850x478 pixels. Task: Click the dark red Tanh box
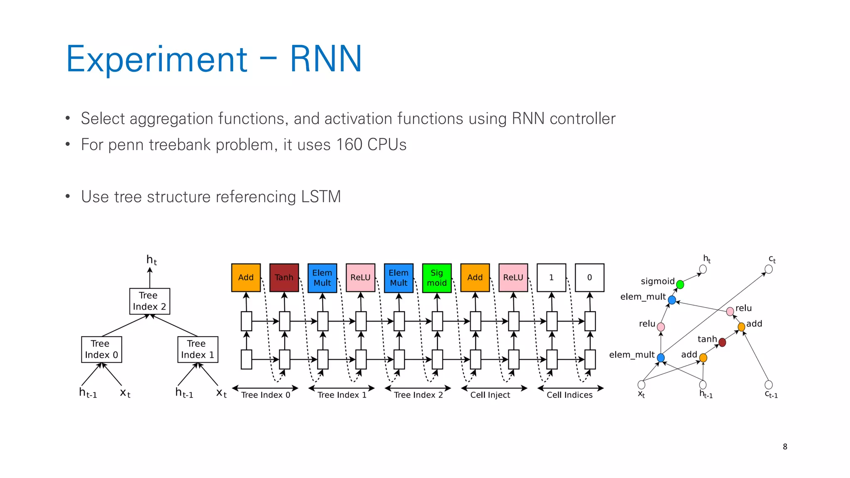point(284,278)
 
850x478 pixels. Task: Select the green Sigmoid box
point(437,278)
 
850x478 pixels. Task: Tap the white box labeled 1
point(551,278)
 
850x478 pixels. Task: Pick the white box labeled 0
point(589,278)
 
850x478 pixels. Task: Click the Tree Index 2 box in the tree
point(149,301)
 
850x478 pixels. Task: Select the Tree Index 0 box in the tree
point(101,349)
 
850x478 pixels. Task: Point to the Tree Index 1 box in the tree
point(198,349)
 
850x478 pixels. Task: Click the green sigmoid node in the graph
point(680,285)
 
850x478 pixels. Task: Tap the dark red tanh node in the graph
point(722,342)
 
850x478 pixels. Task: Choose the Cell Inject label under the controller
point(490,395)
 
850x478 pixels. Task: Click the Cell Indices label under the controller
point(569,395)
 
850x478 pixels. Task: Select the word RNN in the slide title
point(326,59)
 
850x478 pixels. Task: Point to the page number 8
point(785,446)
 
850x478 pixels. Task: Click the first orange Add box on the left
point(246,278)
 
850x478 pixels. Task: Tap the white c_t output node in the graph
point(769,269)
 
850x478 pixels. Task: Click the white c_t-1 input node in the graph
point(769,385)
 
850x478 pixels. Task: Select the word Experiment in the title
point(157,59)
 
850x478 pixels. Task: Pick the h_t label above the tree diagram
point(151,260)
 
